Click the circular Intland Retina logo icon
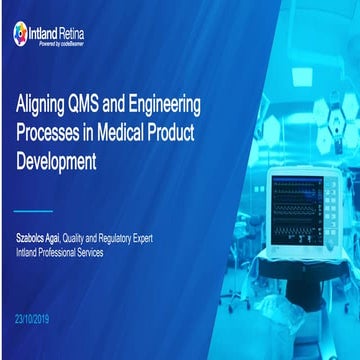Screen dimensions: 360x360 [x=21, y=33]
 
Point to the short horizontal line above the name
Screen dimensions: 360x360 [x=34, y=212]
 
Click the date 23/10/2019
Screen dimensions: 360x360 [x=36, y=316]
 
